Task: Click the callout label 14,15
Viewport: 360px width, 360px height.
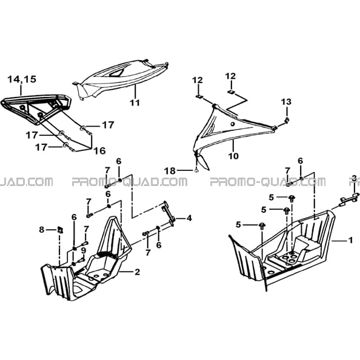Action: click(x=22, y=79)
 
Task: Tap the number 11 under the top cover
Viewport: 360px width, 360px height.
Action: click(x=135, y=102)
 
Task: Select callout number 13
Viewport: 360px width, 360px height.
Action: click(x=287, y=102)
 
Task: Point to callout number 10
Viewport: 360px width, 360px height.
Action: click(x=233, y=156)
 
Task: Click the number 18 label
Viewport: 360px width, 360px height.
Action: click(x=170, y=171)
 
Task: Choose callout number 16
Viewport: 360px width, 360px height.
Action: click(x=99, y=151)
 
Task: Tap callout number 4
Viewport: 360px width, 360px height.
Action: click(x=189, y=218)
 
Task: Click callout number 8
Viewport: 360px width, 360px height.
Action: click(x=41, y=229)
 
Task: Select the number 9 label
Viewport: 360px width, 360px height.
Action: click(x=83, y=250)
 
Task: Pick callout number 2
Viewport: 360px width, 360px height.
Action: click(x=137, y=272)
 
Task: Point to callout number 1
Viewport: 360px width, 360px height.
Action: click(x=350, y=241)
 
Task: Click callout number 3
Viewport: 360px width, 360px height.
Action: click(x=355, y=178)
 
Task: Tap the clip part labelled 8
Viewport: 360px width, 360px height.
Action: click(x=60, y=230)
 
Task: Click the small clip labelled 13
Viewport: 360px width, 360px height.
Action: click(x=287, y=120)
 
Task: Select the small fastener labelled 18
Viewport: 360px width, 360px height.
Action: click(x=196, y=170)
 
